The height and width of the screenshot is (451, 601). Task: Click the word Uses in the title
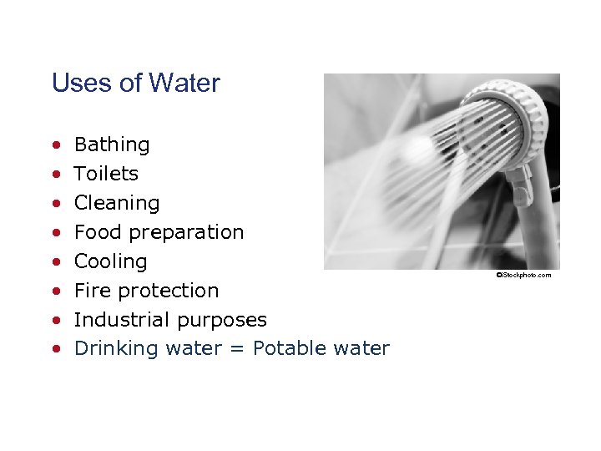pos(74,84)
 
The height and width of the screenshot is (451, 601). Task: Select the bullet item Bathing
pos(112,144)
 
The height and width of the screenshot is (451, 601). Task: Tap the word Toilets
pos(106,174)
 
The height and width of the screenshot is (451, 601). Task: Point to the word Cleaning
pos(116,203)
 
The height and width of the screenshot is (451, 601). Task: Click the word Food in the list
pos(93,232)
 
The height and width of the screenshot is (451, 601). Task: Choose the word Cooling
pos(110,261)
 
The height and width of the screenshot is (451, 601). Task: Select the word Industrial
pos(120,320)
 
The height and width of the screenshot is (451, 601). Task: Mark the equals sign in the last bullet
pos(237,349)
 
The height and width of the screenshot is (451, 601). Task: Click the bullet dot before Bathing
pos(55,145)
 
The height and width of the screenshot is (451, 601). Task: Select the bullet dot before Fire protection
pos(55,291)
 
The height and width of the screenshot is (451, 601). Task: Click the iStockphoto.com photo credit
pos(523,275)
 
